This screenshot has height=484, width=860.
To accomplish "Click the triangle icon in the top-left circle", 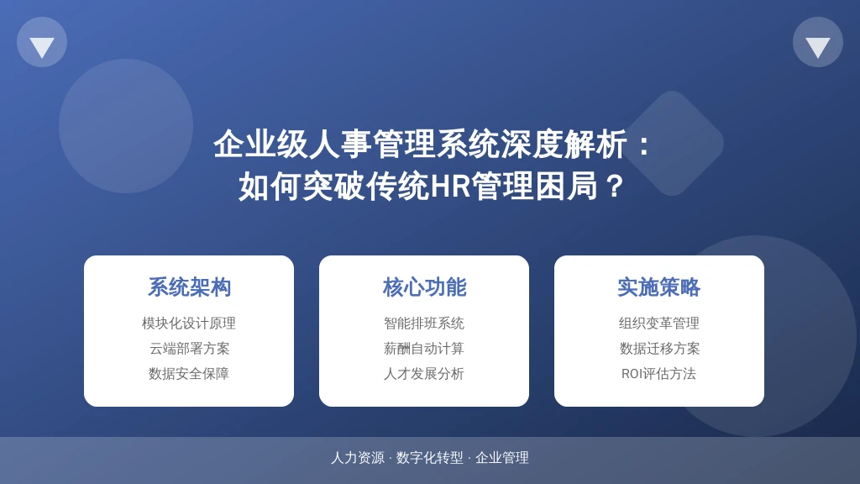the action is tap(42, 47).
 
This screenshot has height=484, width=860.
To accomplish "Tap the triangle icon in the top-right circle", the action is tap(818, 47).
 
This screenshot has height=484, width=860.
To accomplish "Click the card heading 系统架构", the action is tap(189, 287).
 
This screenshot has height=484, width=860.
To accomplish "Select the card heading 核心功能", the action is tap(424, 287).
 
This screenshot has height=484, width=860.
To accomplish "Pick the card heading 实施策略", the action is tap(658, 287).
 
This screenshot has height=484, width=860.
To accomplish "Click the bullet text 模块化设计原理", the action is tap(189, 324).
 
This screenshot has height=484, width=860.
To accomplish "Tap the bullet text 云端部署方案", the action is tap(189, 349).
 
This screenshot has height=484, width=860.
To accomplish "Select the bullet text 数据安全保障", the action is tap(189, 374).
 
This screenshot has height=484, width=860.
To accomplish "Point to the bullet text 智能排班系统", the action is tap(424, 324).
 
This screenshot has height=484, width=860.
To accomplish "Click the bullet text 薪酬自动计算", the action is tap(424, 349).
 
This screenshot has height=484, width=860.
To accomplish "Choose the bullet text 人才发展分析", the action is tap(424, 374).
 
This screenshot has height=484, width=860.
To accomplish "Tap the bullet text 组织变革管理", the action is tap(658, 324).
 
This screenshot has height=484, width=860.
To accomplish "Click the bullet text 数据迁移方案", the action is tap(659, 349).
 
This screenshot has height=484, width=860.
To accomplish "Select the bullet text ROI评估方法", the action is tap(658, 374).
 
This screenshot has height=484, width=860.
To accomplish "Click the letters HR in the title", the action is tap(450, 186).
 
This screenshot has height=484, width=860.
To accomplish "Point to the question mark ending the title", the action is tap(615, 186).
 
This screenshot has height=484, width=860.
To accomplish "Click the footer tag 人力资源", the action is tap(358, 458).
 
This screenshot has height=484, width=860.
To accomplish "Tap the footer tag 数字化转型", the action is tap(429, 458).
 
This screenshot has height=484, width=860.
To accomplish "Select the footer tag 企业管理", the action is tap(502, 458).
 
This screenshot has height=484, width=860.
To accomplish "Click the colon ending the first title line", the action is tap(644, 145).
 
